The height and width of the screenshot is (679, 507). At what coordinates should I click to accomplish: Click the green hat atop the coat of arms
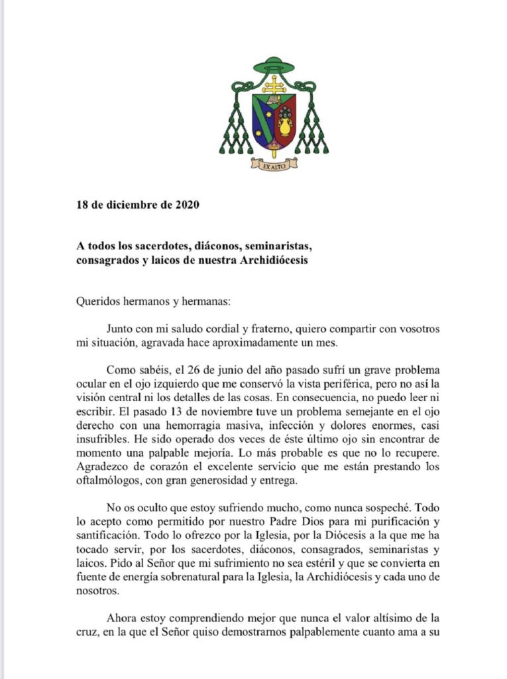[x=274, y=66]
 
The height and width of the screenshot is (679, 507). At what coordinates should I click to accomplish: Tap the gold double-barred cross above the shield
[x=274, y=85]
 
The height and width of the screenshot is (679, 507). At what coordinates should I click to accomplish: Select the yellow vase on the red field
[x=285, y=125]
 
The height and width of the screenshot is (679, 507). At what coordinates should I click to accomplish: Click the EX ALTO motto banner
[x=274, y=165]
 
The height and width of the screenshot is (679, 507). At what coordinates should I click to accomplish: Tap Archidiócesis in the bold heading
[x=268, y=259]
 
